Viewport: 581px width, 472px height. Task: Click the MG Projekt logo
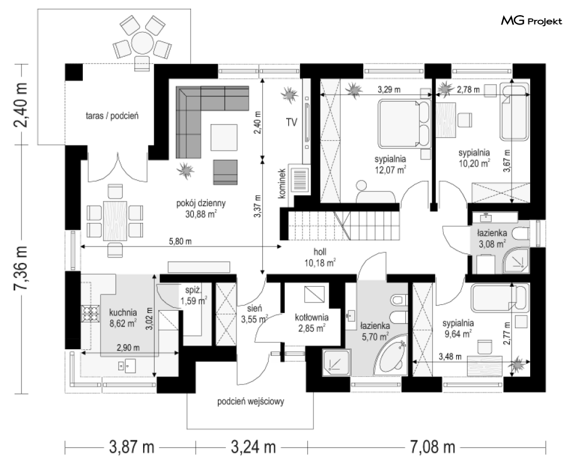531,21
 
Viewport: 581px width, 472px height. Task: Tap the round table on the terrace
142,43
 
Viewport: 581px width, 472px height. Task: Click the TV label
291,122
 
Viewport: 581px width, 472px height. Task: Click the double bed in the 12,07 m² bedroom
404,123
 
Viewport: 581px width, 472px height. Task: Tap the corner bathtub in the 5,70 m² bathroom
391,354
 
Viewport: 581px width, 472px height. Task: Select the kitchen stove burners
91,313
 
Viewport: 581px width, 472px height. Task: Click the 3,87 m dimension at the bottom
131,447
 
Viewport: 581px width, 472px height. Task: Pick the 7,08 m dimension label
432,447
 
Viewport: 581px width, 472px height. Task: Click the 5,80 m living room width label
180,241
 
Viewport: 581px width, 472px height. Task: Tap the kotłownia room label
312,317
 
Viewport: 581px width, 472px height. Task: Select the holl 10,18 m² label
320,257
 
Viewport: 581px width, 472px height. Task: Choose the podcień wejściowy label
251,401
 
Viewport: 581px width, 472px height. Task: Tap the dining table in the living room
115,221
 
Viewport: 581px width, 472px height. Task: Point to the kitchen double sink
126,366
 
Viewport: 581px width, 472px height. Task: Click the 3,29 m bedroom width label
389,89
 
